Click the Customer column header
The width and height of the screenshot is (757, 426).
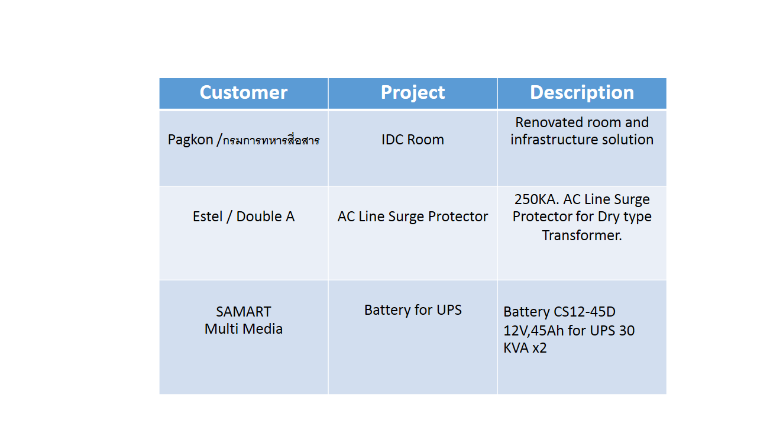pos(243,92)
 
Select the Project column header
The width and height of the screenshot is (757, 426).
pos(413,93)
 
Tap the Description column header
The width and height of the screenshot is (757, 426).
pos(582,93)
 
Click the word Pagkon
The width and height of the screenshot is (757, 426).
pos(190,140)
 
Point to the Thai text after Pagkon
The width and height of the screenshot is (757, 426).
pos(271,140)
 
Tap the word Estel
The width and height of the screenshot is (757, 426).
pos(208,217)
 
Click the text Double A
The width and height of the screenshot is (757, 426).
pos(266,217)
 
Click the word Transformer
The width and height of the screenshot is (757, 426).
pos(582,235)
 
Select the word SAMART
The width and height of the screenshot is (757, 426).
pos(243,312)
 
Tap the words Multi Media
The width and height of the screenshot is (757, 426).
pos(243,329)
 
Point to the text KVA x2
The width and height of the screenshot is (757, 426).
pos(525,348)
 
